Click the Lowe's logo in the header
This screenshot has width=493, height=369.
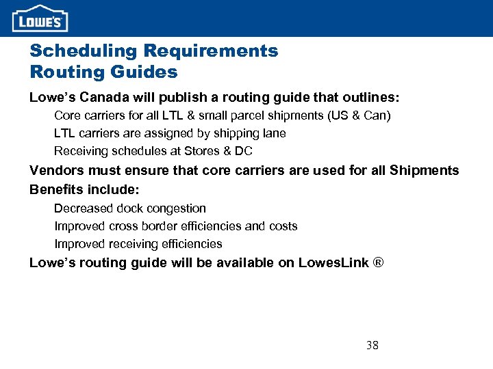(40, 18)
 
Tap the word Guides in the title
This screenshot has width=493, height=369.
(147, 71)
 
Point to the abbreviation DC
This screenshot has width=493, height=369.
(243, 151)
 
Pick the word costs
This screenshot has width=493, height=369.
(282, 226)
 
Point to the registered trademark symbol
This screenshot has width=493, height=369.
(377, 262)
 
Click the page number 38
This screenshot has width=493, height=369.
(372, 345)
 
